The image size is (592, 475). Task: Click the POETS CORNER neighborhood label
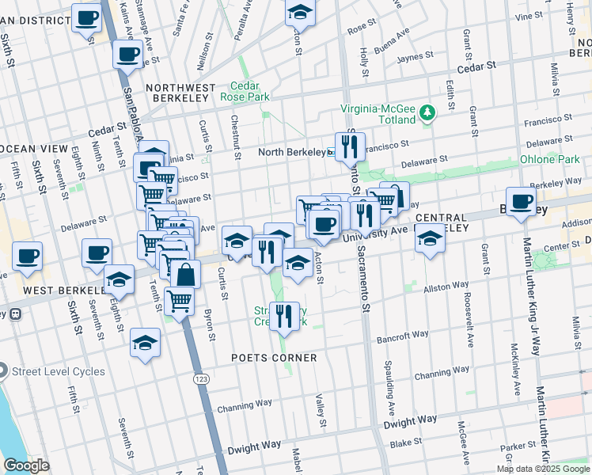274,358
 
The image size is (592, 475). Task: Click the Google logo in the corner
26,465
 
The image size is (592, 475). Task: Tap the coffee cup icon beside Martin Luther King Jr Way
521,202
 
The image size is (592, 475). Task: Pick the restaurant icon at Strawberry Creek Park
283,316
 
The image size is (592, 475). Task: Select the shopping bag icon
186,275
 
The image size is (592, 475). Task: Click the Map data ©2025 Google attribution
543,469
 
